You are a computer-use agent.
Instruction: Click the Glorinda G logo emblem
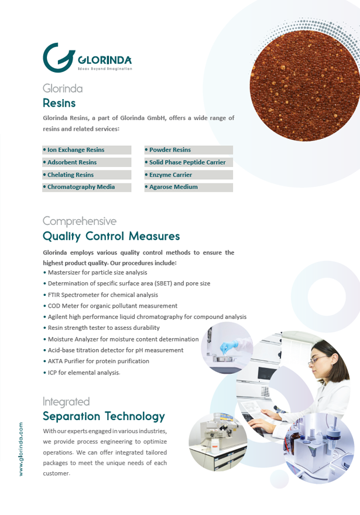(59, 57)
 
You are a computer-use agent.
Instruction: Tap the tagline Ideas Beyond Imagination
(105, 69)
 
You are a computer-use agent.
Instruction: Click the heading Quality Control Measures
(111, 236)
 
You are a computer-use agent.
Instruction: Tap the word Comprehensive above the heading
(80, 221)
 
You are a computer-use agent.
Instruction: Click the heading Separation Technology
(104, 416)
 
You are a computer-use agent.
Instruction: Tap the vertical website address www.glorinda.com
(21, 449)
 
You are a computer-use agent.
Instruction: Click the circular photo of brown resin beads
(304, 86)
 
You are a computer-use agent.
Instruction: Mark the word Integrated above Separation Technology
(66, 402)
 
